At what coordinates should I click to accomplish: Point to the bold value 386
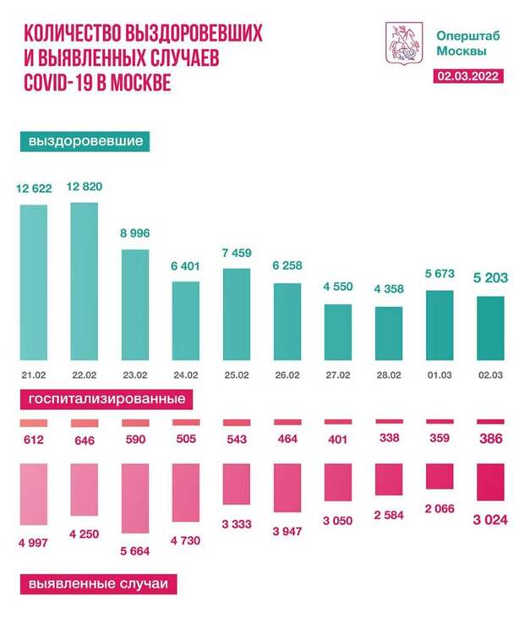[x=490, y=440]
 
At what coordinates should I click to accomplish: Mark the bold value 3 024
[x=490, y=519]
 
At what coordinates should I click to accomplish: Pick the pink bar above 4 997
[x=34, y=490]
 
